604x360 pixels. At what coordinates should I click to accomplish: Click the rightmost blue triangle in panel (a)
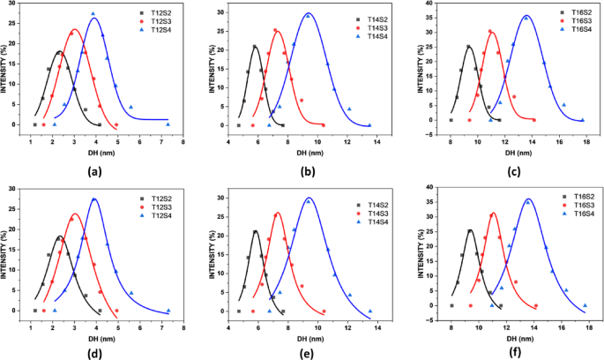tap(168, 124)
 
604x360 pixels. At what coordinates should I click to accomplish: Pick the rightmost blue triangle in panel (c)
tap(585, 120)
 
